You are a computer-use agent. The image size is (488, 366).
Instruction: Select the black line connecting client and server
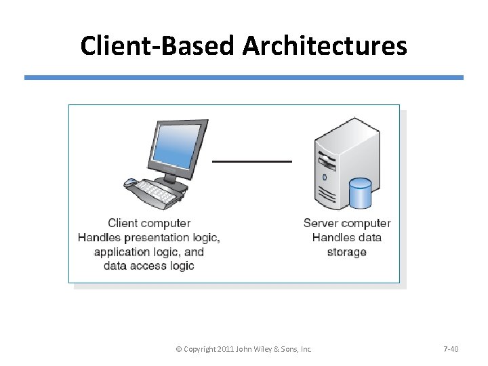(252, 161)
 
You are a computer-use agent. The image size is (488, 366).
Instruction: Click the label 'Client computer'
(149, 223)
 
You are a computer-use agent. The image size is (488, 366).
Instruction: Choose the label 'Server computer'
(346, 223)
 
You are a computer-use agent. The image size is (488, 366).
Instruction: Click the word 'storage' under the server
(346, 252)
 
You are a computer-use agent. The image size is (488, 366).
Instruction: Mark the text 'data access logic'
(148, 266)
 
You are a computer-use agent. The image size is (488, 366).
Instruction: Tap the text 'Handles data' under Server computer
(346, 237)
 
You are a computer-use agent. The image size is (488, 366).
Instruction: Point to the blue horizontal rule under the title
(244, 78)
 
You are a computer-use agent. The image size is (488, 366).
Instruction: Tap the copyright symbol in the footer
(178, 349)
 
